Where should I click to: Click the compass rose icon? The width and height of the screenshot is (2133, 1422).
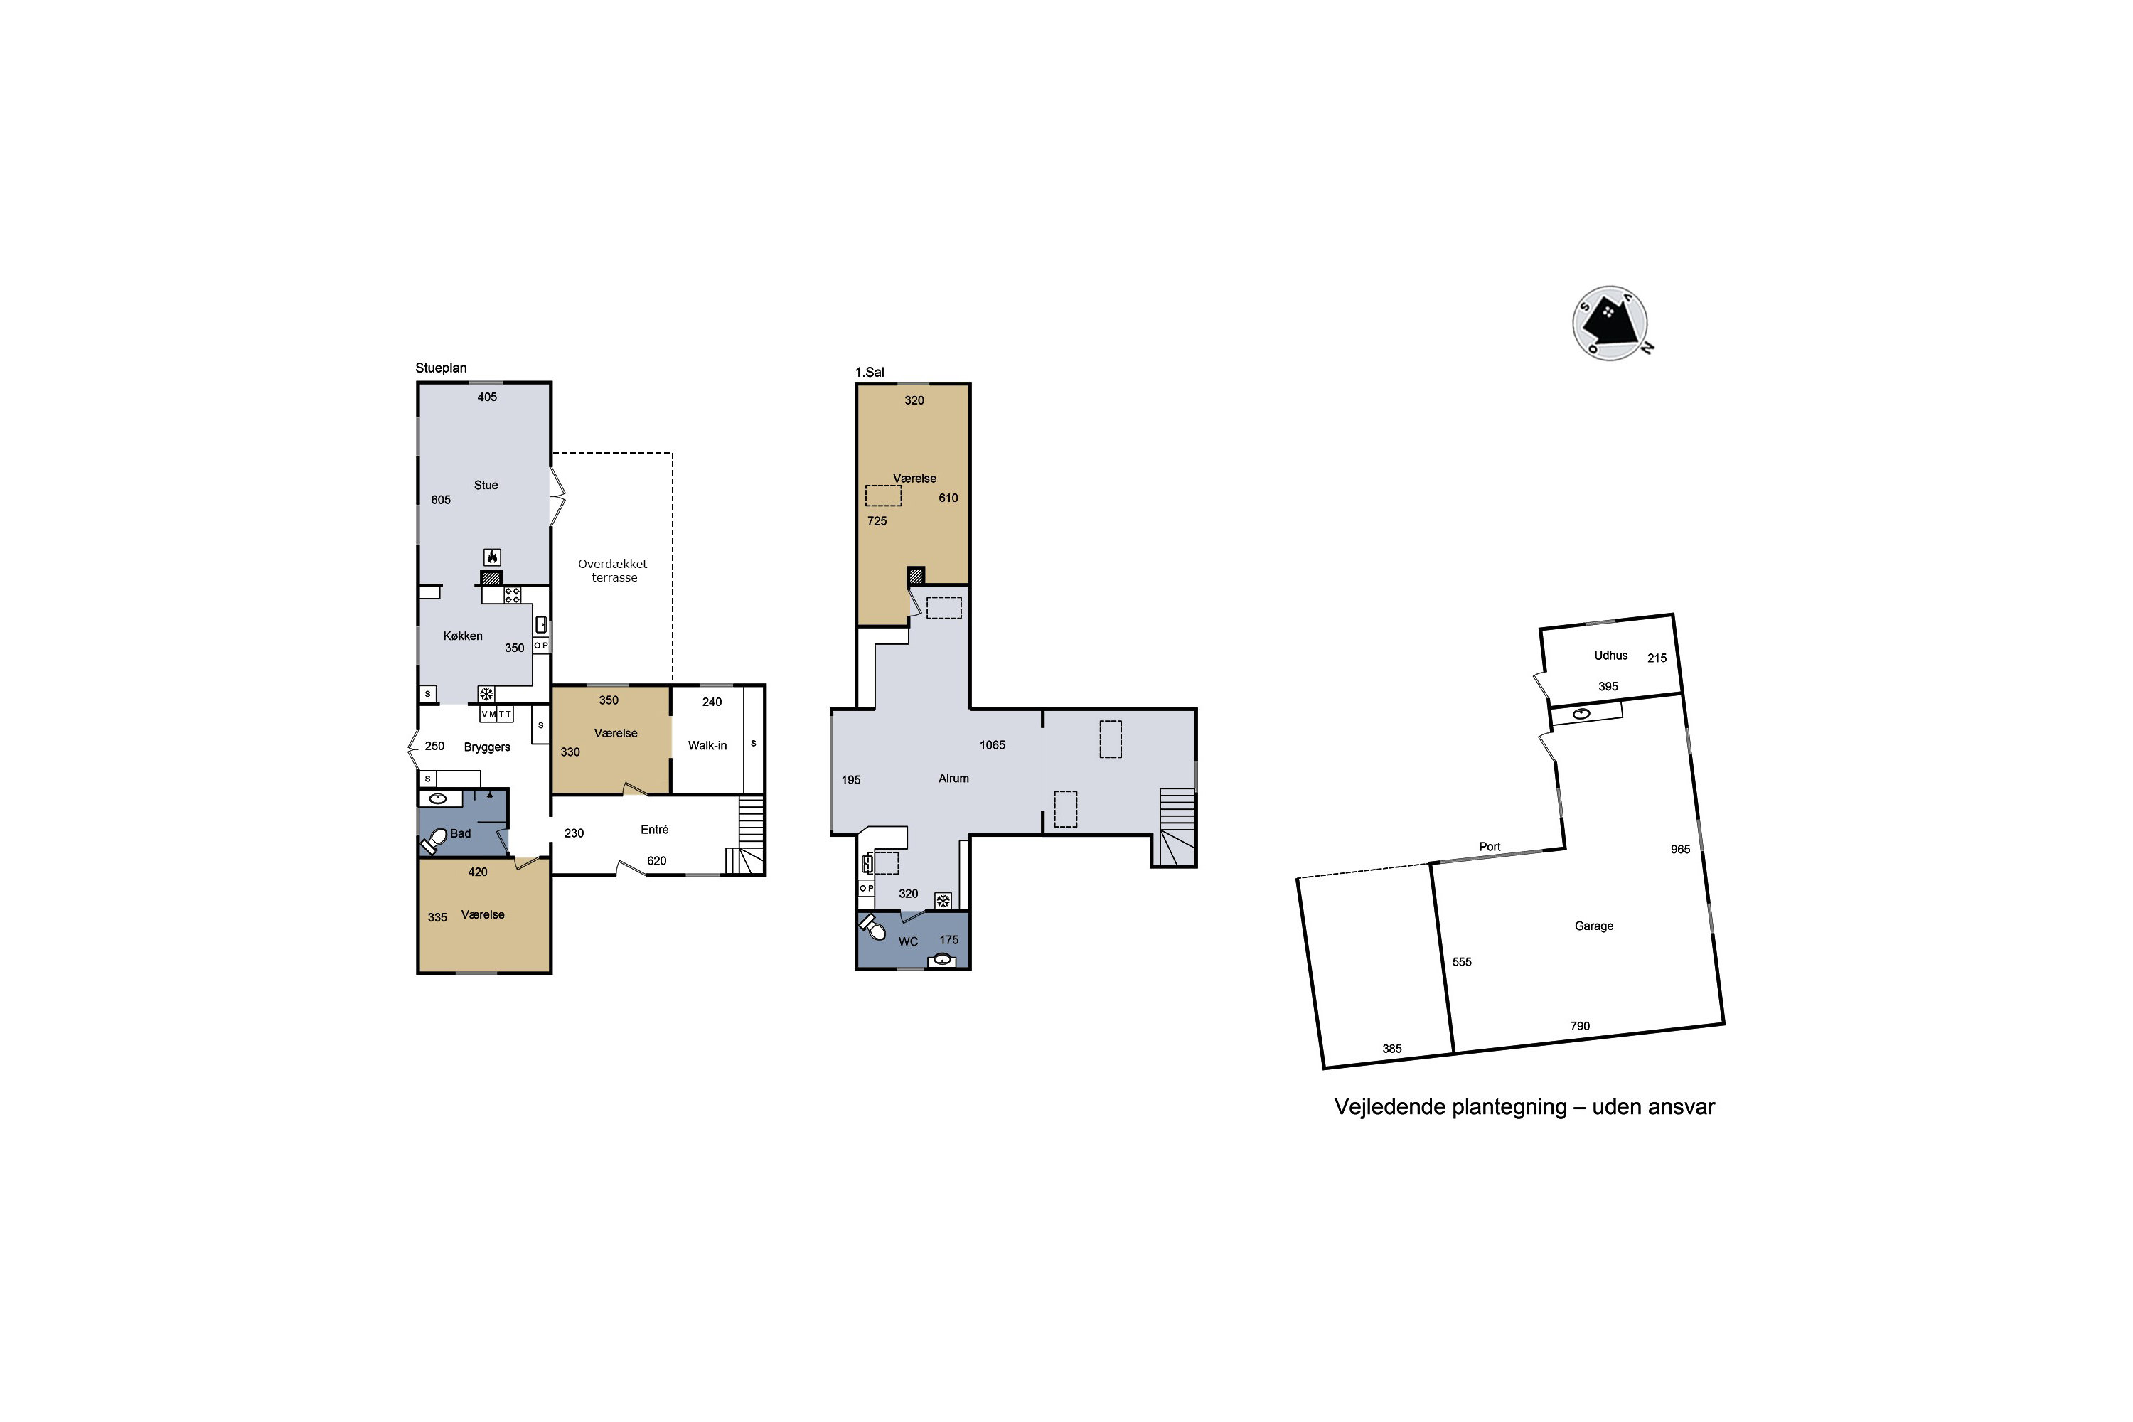pyautogui.click(x=1610, y=324)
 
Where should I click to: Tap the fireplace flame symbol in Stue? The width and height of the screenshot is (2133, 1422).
pyautogui.click(x=493, y=557)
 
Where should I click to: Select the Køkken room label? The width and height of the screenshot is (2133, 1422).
pyautogui.click(x=463, y=636)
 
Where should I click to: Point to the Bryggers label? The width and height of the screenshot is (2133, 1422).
pyautogui.click(x=487, y=747)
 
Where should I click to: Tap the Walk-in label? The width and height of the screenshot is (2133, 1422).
pyautogui.click(x=707, y=745)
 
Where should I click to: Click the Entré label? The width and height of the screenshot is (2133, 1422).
pyautogui.click(x=655, y=830)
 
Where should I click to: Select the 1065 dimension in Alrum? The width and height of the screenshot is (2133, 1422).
pyautogui.click(x=992, y=744)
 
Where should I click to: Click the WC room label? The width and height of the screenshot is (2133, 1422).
pyautogui.click(x=908, y=941)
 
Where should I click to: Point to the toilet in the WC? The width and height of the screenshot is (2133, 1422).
pyautogui.click(x=872, y=927)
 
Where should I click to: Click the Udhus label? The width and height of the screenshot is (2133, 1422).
pyautogui.click(x=1610, y=656)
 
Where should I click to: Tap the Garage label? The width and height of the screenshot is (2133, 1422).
pyautogui.click(x=1593, y=926)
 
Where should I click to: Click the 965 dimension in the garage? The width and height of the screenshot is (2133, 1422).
pyautogui.click(x=1681, y=850)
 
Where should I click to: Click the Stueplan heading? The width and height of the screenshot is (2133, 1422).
pyautogui.click(x=441, y=368)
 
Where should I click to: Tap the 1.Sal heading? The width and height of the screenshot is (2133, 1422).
pyautogui.click(x=870, y=372)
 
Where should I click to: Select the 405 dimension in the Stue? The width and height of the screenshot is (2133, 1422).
pyautogui.click(x=487, y=397)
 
